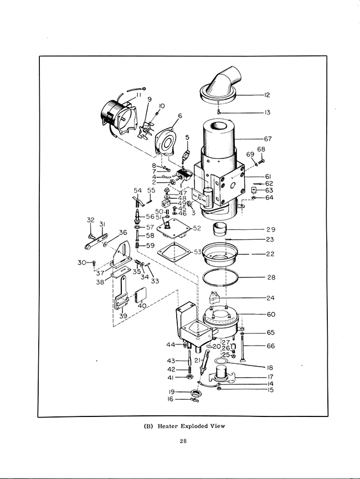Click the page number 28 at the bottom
[183, 441]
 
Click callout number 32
[91, 220]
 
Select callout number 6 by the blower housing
[180, 116]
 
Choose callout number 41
[171, 378]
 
